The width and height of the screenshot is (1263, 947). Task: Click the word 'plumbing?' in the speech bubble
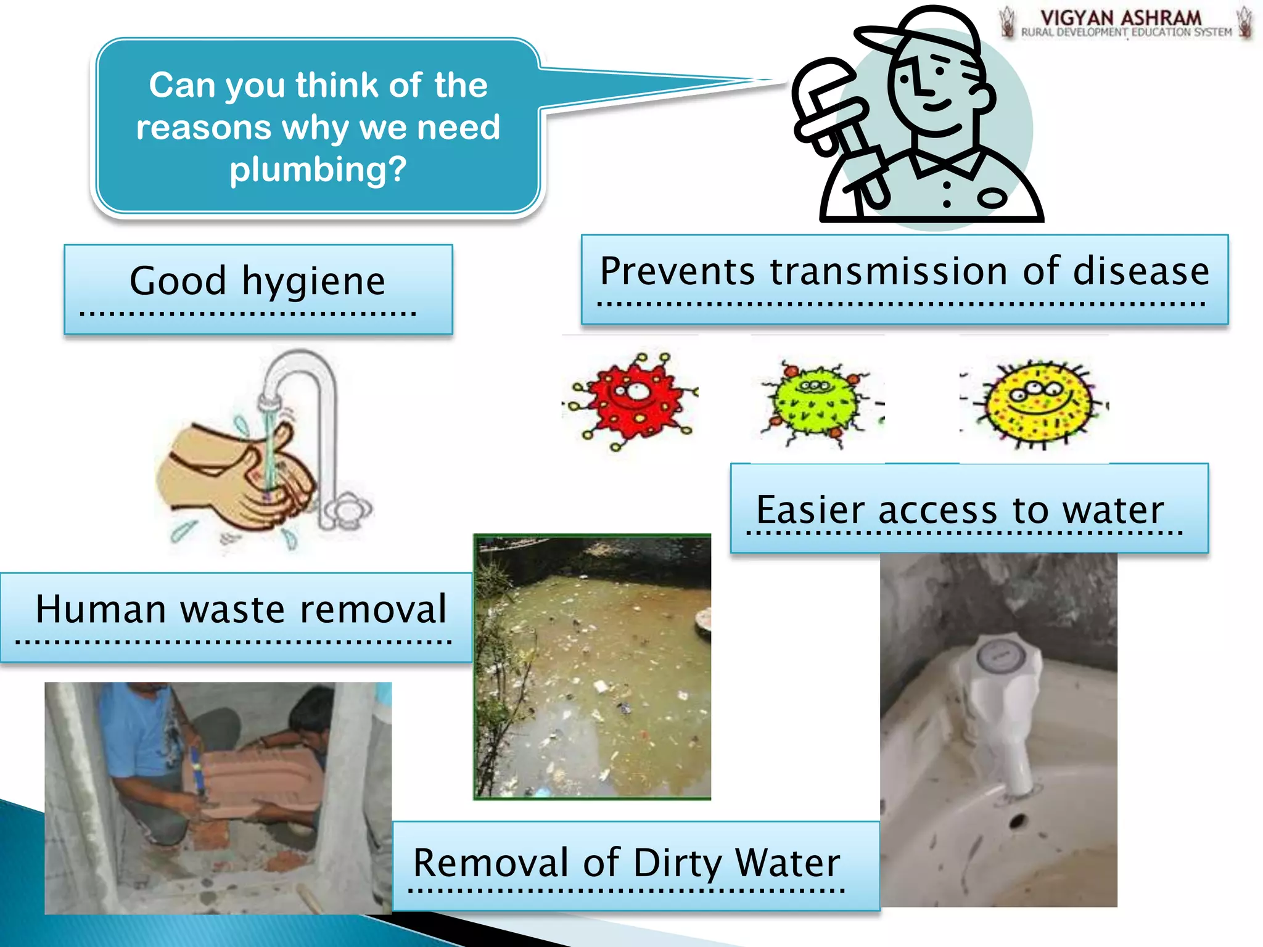[318, 169]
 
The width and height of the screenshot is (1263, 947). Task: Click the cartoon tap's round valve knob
[348, 509]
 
